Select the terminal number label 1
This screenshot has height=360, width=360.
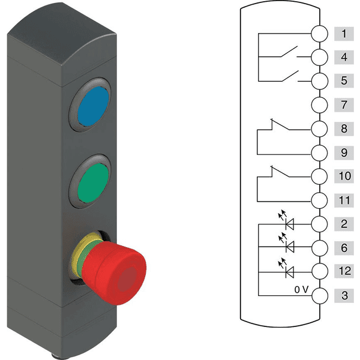(344, 34)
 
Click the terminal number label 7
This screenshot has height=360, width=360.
(344, 105)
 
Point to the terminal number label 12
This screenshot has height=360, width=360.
(344, 271)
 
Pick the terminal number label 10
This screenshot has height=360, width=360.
(344, 176)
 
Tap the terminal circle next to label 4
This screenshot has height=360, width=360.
(319, 57)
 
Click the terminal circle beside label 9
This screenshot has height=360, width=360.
(319, 153)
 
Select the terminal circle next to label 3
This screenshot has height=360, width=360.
(320, 296)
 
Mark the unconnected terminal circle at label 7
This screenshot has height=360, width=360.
(319, 105)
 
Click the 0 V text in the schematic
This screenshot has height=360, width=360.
(301, 290)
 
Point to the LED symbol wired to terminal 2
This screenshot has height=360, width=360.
(286, 221)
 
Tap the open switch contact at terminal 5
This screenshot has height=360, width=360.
(290, 76)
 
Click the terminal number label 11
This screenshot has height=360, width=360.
(344, 200)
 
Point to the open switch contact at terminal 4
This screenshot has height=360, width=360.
(289, 52)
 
